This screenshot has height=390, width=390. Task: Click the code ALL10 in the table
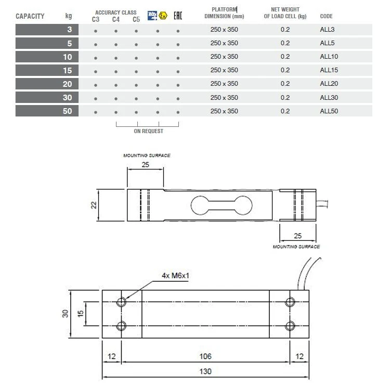pos(329,57)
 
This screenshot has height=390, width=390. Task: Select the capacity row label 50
pos(67,111)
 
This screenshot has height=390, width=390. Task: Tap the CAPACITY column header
pos(30,16)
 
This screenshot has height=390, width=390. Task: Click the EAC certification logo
pos(178,15)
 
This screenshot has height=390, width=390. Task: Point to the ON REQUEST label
pos(148,131)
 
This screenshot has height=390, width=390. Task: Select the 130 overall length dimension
pos(205,371)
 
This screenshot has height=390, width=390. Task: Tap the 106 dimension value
pos(205,356)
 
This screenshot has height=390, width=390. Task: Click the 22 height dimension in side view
pos(94,205)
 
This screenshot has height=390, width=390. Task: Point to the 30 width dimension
pos(66,314)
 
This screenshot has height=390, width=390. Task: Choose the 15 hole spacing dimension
pos(81,314)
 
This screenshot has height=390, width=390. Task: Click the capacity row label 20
pos(67,84)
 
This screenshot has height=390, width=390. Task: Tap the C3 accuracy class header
pos(95,20)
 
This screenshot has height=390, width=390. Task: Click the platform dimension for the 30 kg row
pos(224,97)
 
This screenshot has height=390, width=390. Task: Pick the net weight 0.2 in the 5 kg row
pos(285,43)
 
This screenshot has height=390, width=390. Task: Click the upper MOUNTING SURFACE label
pos(146,155)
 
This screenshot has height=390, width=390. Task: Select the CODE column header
pos(326,17)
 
